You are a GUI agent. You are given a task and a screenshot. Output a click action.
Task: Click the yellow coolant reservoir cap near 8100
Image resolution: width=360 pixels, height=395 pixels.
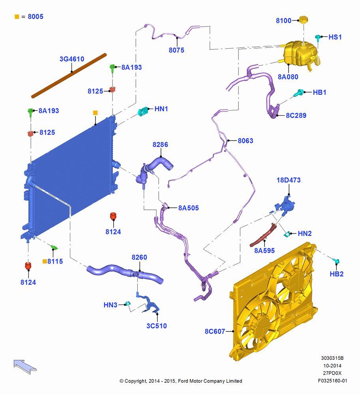tap(304, 20)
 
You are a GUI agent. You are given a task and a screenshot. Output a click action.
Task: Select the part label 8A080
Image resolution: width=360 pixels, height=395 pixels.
tap(288, 77)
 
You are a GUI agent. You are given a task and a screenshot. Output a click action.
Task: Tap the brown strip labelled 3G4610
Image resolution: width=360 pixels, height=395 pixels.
tap(69, 75)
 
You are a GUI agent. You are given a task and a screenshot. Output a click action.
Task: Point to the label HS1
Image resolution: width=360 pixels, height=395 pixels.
tap(335, 37)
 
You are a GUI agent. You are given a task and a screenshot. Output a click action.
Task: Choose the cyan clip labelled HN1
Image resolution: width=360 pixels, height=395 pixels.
tap(143, 111)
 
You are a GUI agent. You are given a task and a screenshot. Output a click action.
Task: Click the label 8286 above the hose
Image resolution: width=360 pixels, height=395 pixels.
tap(160, 145)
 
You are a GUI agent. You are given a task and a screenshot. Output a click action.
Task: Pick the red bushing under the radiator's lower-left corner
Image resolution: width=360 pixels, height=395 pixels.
tap(28, 265)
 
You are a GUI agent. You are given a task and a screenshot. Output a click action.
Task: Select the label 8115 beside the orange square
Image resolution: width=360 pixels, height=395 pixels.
tap(55, 261)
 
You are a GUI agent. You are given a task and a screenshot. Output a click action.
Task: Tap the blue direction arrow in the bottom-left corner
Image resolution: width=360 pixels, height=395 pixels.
tap(25, 367)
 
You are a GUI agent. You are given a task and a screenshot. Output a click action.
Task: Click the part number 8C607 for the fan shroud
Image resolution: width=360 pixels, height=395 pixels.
tap(215, 331)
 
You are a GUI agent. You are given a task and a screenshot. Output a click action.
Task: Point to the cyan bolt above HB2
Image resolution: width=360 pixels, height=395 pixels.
tap(336, 261)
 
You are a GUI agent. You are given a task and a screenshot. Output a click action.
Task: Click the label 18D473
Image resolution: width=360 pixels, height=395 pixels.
tap(289, 180)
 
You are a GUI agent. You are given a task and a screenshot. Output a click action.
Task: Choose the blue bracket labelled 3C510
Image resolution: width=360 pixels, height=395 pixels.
tap(148, 303)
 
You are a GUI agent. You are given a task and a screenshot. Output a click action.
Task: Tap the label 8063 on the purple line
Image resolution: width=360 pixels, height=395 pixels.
tap(246, 141)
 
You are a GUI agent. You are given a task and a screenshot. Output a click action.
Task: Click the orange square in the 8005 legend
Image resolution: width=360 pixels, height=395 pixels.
tap(17, 17)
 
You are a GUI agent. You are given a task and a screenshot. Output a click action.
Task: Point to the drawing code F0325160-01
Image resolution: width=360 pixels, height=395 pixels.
tap(332, 381)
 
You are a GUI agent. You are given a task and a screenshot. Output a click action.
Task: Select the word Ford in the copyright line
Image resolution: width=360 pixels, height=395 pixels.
tap(183, 381)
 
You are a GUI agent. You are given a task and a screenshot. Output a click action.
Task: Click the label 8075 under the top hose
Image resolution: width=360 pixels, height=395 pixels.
tap(176, 50)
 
